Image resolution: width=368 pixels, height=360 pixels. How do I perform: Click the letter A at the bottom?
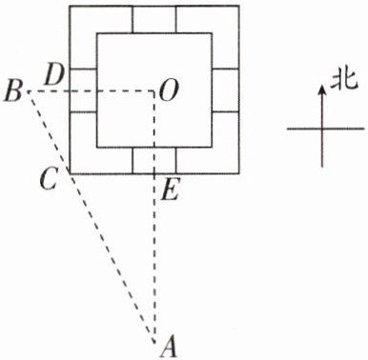pyautogui.click(x=169, y=347)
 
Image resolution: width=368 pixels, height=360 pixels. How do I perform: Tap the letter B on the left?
pyautogui.click(x=12, y=91)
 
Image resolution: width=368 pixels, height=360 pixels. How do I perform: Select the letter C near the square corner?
pyautogui.click(x=48, y=178)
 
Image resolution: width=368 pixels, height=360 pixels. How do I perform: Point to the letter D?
pyautogui.click(x=54, y=74)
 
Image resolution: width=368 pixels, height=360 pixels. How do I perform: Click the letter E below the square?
pyautogui.click(x=170, y=190)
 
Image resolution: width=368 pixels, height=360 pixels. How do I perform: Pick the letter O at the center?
pyautogui.click(x=168, y=90)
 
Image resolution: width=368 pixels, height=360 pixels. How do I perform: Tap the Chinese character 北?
pyautogui.click(x=344, y=82)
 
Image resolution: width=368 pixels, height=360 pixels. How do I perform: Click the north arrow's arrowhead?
pyautogui.click(x=322, y=89)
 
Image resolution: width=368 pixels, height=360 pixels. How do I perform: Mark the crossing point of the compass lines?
pyautogui.click(x=322, y=129)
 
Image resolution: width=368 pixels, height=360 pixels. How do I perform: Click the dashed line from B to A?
pyautogui.click(x=92, y=217)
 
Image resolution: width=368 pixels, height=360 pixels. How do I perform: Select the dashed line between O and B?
pyautogui.click(x=92, y=91)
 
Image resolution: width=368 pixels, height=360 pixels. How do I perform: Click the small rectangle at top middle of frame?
pyautogui.click(x=154, y=19)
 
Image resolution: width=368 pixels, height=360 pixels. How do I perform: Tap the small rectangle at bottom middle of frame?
pyautogui.click(x=154, y=161)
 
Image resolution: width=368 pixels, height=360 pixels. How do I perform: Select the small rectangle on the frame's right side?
pyautogui.click(x=225, y=90)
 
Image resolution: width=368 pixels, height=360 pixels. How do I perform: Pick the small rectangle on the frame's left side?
pyautogui.click(x=83, y=90)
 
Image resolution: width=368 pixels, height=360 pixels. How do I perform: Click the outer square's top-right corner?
pyautogui.click(x=238, y=6)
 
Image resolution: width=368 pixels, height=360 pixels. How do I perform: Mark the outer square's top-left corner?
pyautogui.click(x=70, y=6)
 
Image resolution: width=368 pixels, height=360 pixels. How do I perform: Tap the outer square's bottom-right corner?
pyautogui.click(x=238, y=173)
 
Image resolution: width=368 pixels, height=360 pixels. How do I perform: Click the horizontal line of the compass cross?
pyautogui.click(x=325, y=129)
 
